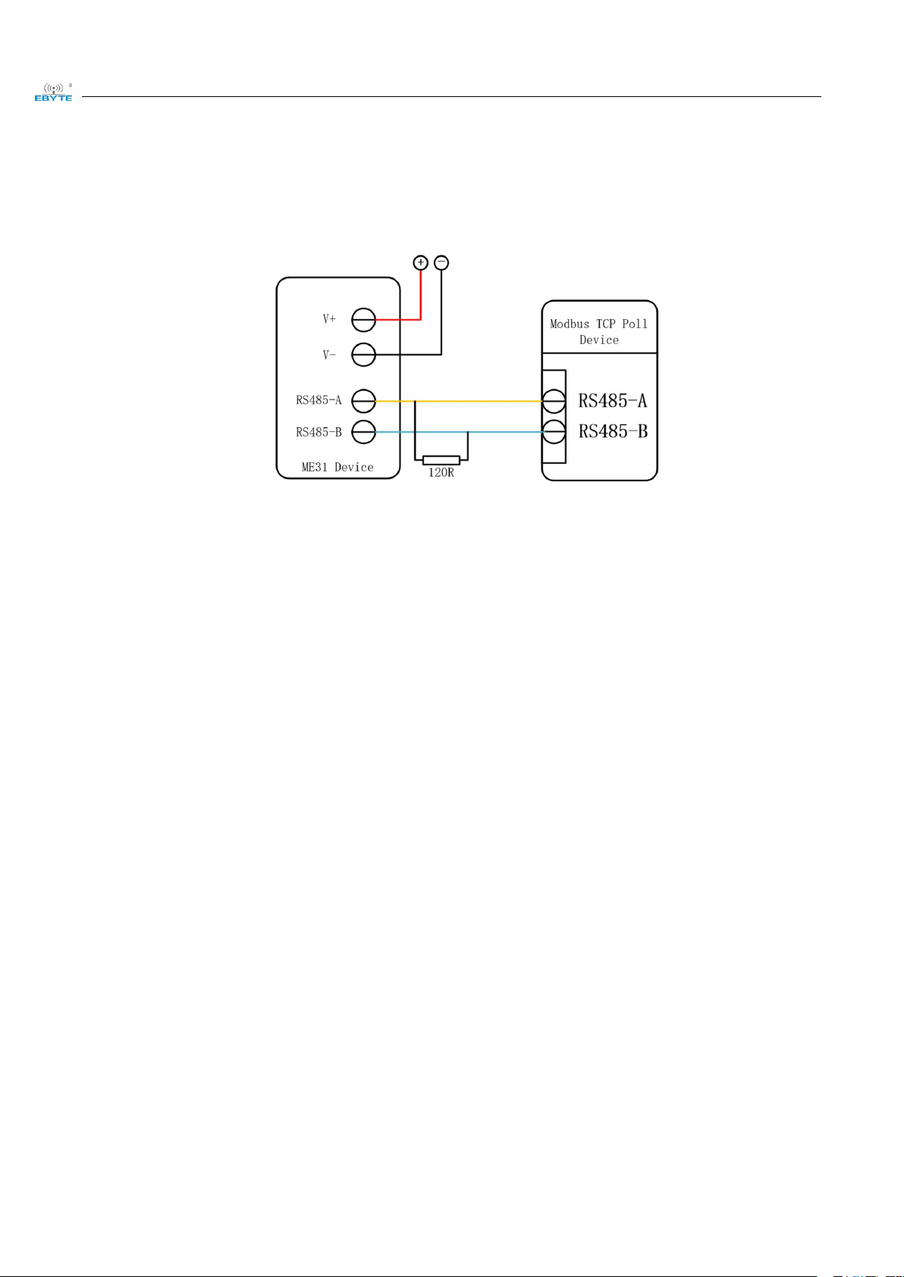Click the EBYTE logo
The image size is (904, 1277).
coord(53,92)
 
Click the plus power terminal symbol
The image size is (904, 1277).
coord(421,263)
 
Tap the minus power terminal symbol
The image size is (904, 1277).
coord(441,263)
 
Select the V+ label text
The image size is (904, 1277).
coord(329,320)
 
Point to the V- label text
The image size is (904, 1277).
coord(329,355)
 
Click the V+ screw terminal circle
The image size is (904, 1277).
coord(364,320)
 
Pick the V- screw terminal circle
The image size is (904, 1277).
coord(364,354)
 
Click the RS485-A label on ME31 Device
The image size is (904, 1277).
coord(319,400)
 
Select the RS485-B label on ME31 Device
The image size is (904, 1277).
coord(319,432)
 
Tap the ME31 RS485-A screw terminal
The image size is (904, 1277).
coord(364,401)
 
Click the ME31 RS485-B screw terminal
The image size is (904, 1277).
coord(364,432)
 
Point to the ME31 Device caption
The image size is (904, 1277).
coord(337,467)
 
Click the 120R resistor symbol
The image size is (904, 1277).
coord(441,460)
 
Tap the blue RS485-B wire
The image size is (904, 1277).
coord(508,432)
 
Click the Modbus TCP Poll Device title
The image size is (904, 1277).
coord(599,332)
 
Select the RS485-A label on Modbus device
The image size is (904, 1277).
coord(613,400)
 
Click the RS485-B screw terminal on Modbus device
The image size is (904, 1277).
coord(554,432)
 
